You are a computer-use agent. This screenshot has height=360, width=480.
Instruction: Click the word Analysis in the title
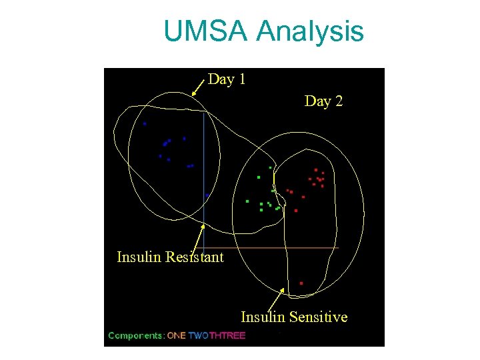click(310, 31)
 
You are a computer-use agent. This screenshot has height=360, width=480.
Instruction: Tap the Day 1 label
click(227, 79)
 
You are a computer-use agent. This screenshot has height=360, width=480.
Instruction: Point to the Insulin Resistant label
click(170, 257)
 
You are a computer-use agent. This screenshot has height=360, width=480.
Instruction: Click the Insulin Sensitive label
click(294, 317)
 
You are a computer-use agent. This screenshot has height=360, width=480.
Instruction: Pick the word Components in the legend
click(136, 335)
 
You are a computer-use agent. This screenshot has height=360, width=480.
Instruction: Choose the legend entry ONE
click(177, 335)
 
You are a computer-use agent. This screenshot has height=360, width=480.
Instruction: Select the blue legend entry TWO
click(199, 335)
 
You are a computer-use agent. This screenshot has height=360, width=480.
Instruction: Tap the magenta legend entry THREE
click(227, 335)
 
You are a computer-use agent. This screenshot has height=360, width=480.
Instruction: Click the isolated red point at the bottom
click(301, 283)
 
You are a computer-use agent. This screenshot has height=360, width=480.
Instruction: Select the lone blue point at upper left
click(145, 123)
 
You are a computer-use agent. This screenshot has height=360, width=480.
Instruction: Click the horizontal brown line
click(280, 248)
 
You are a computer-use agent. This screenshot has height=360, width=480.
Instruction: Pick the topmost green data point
click(270, 167)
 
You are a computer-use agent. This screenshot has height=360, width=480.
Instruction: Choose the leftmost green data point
click(247, 201)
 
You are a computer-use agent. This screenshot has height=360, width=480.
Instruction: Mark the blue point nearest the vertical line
click(207, 195)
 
